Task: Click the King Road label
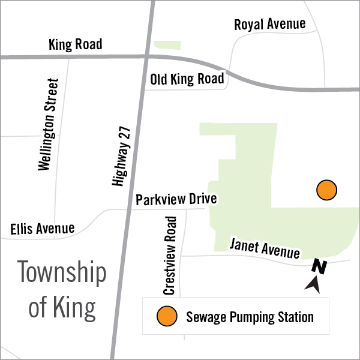point(75,44)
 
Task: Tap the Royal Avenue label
point(269,25)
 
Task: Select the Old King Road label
point(187,79)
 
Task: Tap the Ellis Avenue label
point(43,229)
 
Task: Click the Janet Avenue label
point(265,247)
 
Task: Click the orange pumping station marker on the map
point(326,190)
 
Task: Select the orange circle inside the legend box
point(166,316)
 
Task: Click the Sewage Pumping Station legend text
point(250,316)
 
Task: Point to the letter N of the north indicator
point(319,268)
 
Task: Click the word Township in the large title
point(62,274)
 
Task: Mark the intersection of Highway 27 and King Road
point(147,56)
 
